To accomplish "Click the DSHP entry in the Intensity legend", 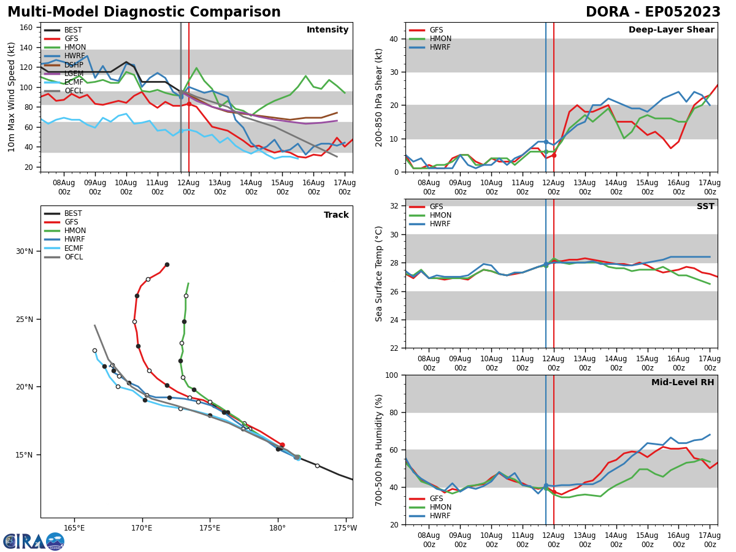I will click(73, 64).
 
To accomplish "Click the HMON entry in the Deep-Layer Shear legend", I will click(439, 39).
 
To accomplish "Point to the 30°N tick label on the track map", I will click(25, 251).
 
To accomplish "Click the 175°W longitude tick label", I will click(345, 527).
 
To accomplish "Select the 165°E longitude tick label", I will click(74, 527).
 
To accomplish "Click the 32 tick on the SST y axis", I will click(395, 206).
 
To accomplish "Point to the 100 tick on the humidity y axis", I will click(392, 375).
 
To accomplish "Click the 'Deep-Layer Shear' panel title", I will click(671, 30).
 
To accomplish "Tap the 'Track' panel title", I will click(336, 215).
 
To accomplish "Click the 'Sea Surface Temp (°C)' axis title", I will click(380, 274).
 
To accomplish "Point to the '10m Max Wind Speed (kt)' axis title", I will click(12, 97).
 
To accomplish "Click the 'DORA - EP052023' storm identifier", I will click(653, 12).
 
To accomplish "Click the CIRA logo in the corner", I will click(34, 541).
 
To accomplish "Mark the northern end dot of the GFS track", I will click(167, 264).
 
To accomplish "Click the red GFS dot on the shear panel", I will click(553, 155).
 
